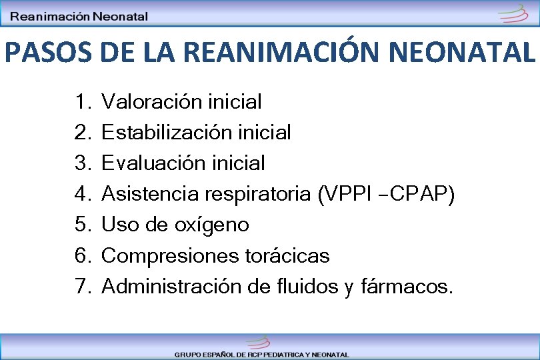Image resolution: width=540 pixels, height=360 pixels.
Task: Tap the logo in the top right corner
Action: click(x=515, y=14)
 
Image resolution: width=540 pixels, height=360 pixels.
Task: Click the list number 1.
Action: click(x=82, y=102)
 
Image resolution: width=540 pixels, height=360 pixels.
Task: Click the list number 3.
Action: click(x=82, y=163)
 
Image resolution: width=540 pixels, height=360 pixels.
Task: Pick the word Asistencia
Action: click(x=150, y=194)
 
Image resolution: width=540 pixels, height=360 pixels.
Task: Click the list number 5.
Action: click(x=82, y=225)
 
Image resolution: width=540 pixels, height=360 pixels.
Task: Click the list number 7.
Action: click(x=82, y=287)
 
